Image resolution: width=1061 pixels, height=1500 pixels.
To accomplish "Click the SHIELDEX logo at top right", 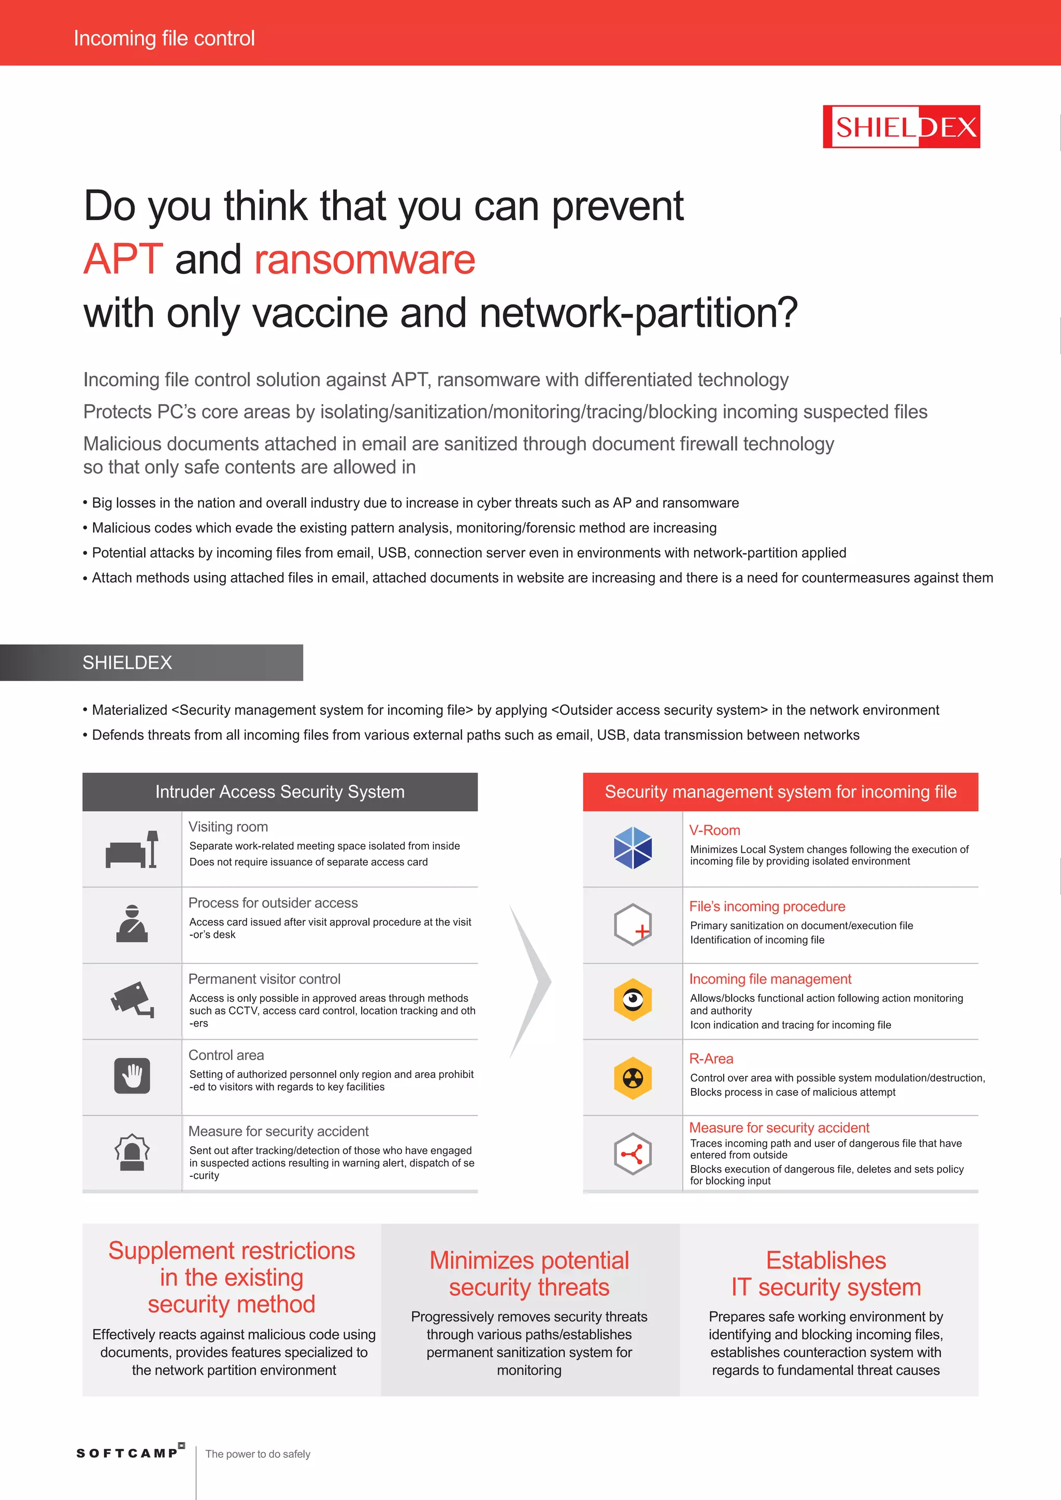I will pos(901,127).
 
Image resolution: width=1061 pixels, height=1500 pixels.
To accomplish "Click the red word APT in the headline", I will pos(123,259).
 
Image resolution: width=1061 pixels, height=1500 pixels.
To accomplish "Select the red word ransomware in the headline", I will pos(365,259).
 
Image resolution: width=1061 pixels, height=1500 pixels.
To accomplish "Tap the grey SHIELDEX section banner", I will pos(152,662).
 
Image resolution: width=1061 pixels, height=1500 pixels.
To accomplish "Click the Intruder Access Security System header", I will pos(280,792).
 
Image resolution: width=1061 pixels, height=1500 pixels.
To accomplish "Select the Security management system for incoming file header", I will pos(780,792).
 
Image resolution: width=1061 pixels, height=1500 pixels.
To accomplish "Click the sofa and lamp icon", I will pos(132,849).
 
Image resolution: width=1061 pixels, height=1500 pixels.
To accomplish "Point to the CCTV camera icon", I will pos(132,1000).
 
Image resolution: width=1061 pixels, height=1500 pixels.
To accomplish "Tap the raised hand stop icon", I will pos(132,1075).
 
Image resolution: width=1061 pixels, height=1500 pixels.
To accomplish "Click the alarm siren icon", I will pos(132,1152).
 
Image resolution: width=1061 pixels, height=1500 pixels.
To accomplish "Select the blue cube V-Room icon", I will pos(633,848).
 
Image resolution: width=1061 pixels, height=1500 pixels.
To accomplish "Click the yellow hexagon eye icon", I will pos(633,1000).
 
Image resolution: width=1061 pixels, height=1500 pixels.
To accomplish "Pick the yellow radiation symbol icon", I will pos(633,1078).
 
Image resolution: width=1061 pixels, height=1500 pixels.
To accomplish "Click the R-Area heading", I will pos(711,1058).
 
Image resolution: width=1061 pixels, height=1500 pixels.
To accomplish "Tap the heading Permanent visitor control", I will pos(264,978).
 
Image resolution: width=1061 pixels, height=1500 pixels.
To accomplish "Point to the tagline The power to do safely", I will pos(257,1454).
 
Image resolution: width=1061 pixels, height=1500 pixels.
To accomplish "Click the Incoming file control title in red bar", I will pos(164,38).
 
